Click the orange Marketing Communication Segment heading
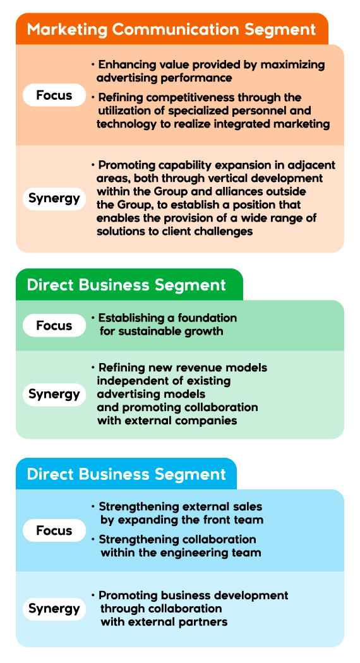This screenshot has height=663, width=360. point(171,30)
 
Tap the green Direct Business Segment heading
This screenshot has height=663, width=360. point(126,285)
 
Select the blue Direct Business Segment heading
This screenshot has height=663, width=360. point(126,474)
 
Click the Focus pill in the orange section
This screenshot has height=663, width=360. point(54,95)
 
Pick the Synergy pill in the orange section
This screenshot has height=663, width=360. point(54,198)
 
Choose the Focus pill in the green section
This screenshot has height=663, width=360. point(54,326)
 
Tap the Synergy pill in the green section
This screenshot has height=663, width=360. point(54,394)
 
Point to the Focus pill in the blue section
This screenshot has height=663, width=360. point(54,530)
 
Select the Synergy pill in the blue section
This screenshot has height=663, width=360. point(54,609)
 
